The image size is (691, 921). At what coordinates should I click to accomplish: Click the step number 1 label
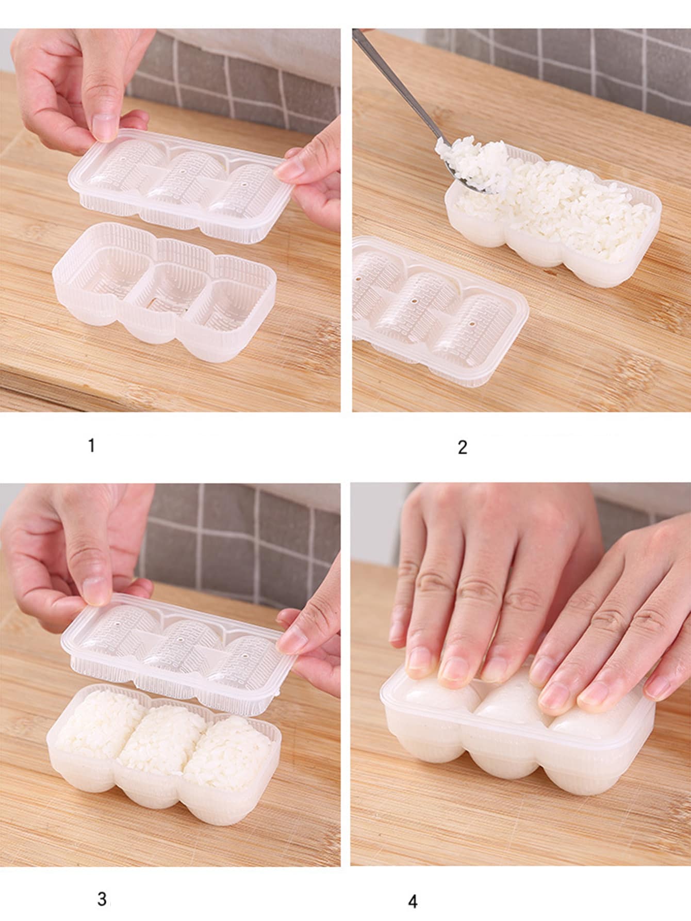91,445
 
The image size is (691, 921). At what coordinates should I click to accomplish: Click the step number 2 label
463,447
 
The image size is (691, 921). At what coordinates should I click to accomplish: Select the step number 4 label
413,901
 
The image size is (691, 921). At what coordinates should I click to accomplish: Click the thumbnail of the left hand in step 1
106,126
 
